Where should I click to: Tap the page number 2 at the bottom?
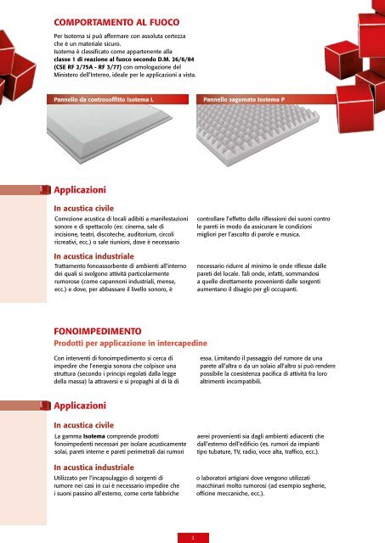pyautogui.click(x=192, y=536)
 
